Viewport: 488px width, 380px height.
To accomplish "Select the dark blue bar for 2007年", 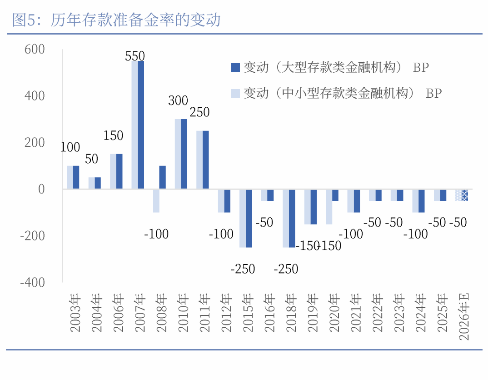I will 141,125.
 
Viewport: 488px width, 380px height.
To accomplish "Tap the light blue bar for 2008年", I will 156,200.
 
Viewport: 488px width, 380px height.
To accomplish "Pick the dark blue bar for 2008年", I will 163,177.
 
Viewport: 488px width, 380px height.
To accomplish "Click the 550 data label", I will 134,56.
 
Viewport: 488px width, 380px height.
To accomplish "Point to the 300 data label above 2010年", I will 178,101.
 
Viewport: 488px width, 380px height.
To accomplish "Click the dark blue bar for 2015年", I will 249,218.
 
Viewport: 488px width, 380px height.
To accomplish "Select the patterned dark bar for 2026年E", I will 464,195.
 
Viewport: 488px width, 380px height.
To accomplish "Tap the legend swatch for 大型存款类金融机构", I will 235,68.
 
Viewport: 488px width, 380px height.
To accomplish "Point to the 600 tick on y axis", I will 34,49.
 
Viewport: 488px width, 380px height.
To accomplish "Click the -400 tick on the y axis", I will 32,282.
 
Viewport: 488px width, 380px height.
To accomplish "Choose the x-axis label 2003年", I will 75,313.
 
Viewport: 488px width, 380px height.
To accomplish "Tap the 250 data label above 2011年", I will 199,112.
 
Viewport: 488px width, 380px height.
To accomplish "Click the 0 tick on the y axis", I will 41,189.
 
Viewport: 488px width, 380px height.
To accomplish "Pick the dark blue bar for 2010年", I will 184,154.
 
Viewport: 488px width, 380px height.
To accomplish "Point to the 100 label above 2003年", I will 70,147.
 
